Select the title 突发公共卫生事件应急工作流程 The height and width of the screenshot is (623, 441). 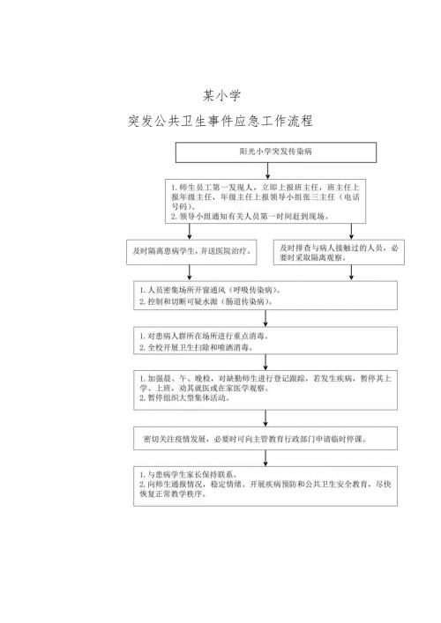pos(220,121)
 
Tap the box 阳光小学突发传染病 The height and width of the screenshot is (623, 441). pos(264,152)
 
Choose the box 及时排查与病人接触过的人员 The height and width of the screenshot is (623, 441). pos(339,253)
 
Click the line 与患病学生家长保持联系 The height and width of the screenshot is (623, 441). pos(187,474)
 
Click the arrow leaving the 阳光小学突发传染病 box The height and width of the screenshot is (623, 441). pos(265,172)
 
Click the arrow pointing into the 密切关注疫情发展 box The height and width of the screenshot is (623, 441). pos(265,419)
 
